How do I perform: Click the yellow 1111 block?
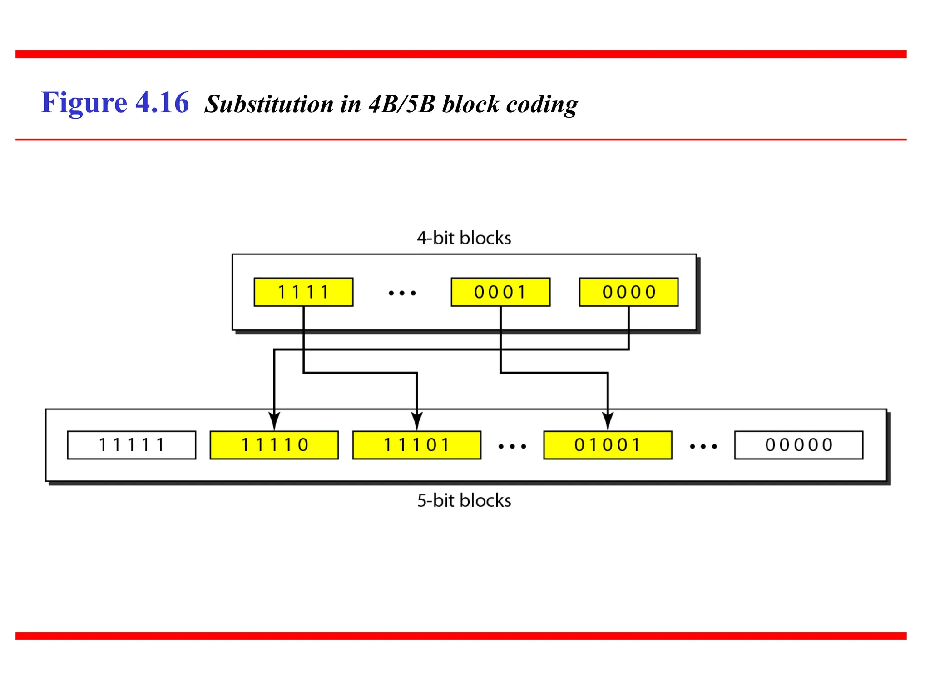pos(303,292)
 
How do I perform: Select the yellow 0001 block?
pos(500,292)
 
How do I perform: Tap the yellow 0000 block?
pos(628,292)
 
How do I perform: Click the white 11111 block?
pos(132,445)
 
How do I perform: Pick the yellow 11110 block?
pos(274,445)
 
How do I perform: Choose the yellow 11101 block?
pos(416,445)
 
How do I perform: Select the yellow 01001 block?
pos(608,445)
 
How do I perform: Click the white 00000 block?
pos(799,445)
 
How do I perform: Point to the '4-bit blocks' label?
pos(464,238)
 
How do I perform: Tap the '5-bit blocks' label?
pos(464,500)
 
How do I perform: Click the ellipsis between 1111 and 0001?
pos(402,294)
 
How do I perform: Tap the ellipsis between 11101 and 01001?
pos(512,447)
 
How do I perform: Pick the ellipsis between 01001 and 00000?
pos(703,447)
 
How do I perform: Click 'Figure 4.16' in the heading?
pos(115,103)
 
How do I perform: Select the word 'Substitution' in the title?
pos(269,105)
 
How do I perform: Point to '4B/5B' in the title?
pos(402,105)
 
